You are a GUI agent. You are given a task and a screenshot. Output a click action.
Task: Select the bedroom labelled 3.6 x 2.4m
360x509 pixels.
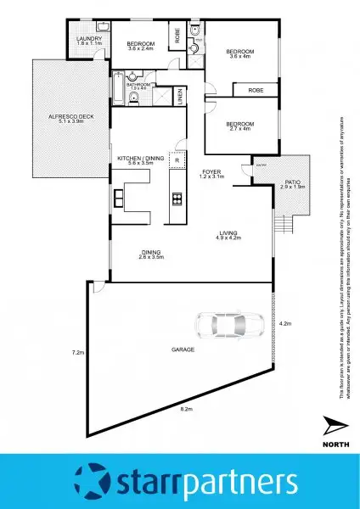pos(140,46)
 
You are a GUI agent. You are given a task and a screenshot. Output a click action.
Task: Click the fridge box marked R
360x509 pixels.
pos(177,159)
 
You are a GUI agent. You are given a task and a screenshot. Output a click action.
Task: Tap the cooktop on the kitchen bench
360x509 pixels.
pos(177,200)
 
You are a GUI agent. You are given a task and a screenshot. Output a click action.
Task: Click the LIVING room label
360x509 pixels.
pos(227,236)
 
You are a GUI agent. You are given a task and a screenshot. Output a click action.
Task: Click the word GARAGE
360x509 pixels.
pos(159,350)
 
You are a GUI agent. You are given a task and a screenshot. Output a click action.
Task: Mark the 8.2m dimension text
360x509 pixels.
pos(185,409)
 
